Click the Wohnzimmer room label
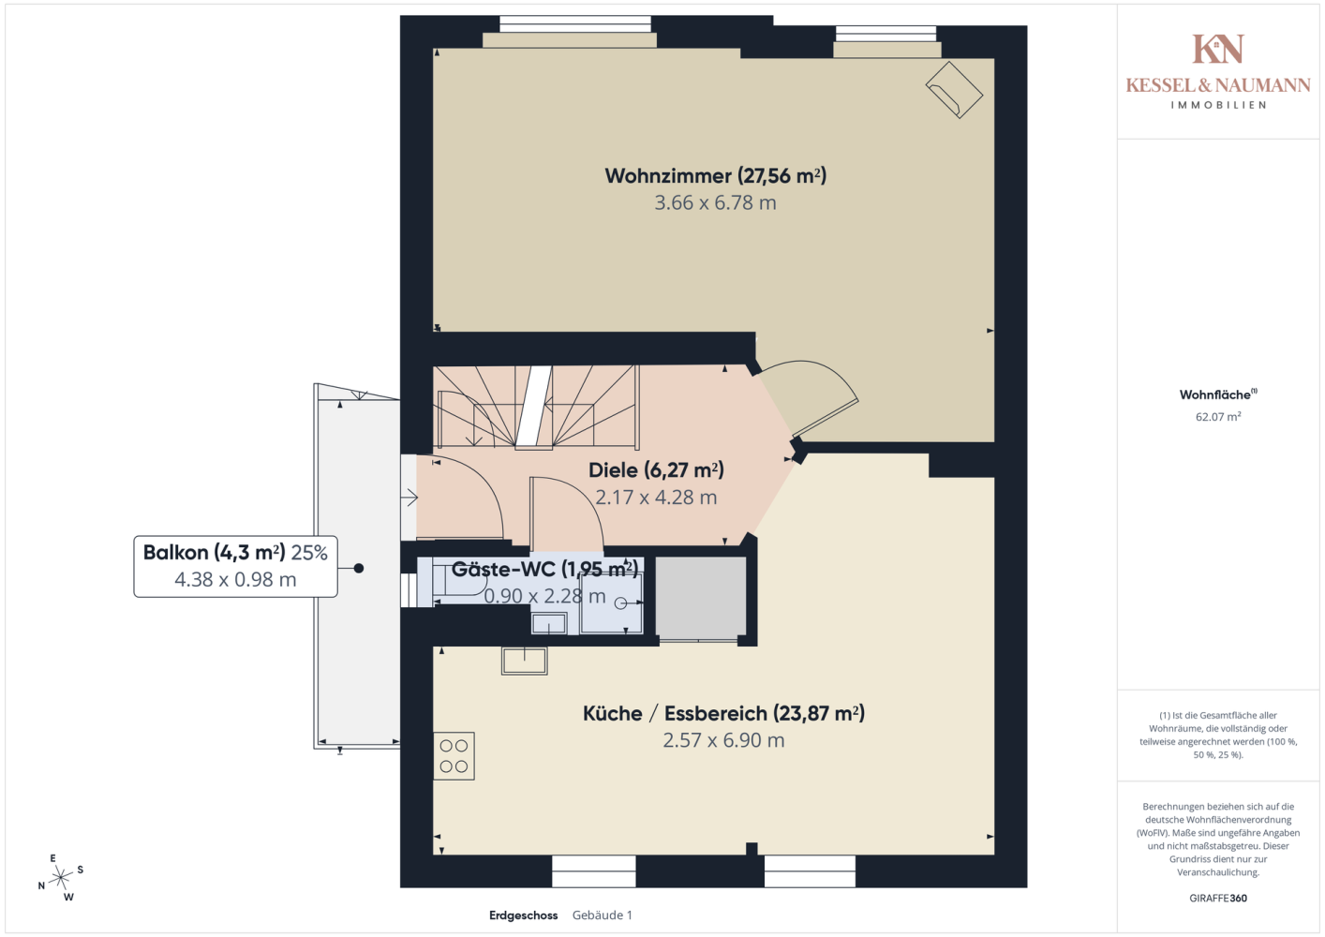coord(715,176)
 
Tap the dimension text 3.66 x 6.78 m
coord(715,203)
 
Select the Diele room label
coord(656,470)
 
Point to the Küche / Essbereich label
coord(723,713)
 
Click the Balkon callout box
coord(235,566)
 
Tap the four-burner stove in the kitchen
coord(454,756)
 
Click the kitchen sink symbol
coord(524,661)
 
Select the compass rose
coord(60,878)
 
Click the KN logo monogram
coord(1218,49)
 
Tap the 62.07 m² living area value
coord(1218,416)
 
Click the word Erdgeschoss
coord(523,915)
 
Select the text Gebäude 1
coord(603,915)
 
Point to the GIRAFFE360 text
coord(1218,898)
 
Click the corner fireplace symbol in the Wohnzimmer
coord(954,90)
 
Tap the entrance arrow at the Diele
coord(409,498)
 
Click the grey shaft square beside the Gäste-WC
coord(700,598)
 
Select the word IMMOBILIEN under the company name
coord(1218,105)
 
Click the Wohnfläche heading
coord(1218,394)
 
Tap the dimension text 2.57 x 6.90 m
coord(723,740)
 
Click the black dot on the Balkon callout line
coord(359,569)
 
